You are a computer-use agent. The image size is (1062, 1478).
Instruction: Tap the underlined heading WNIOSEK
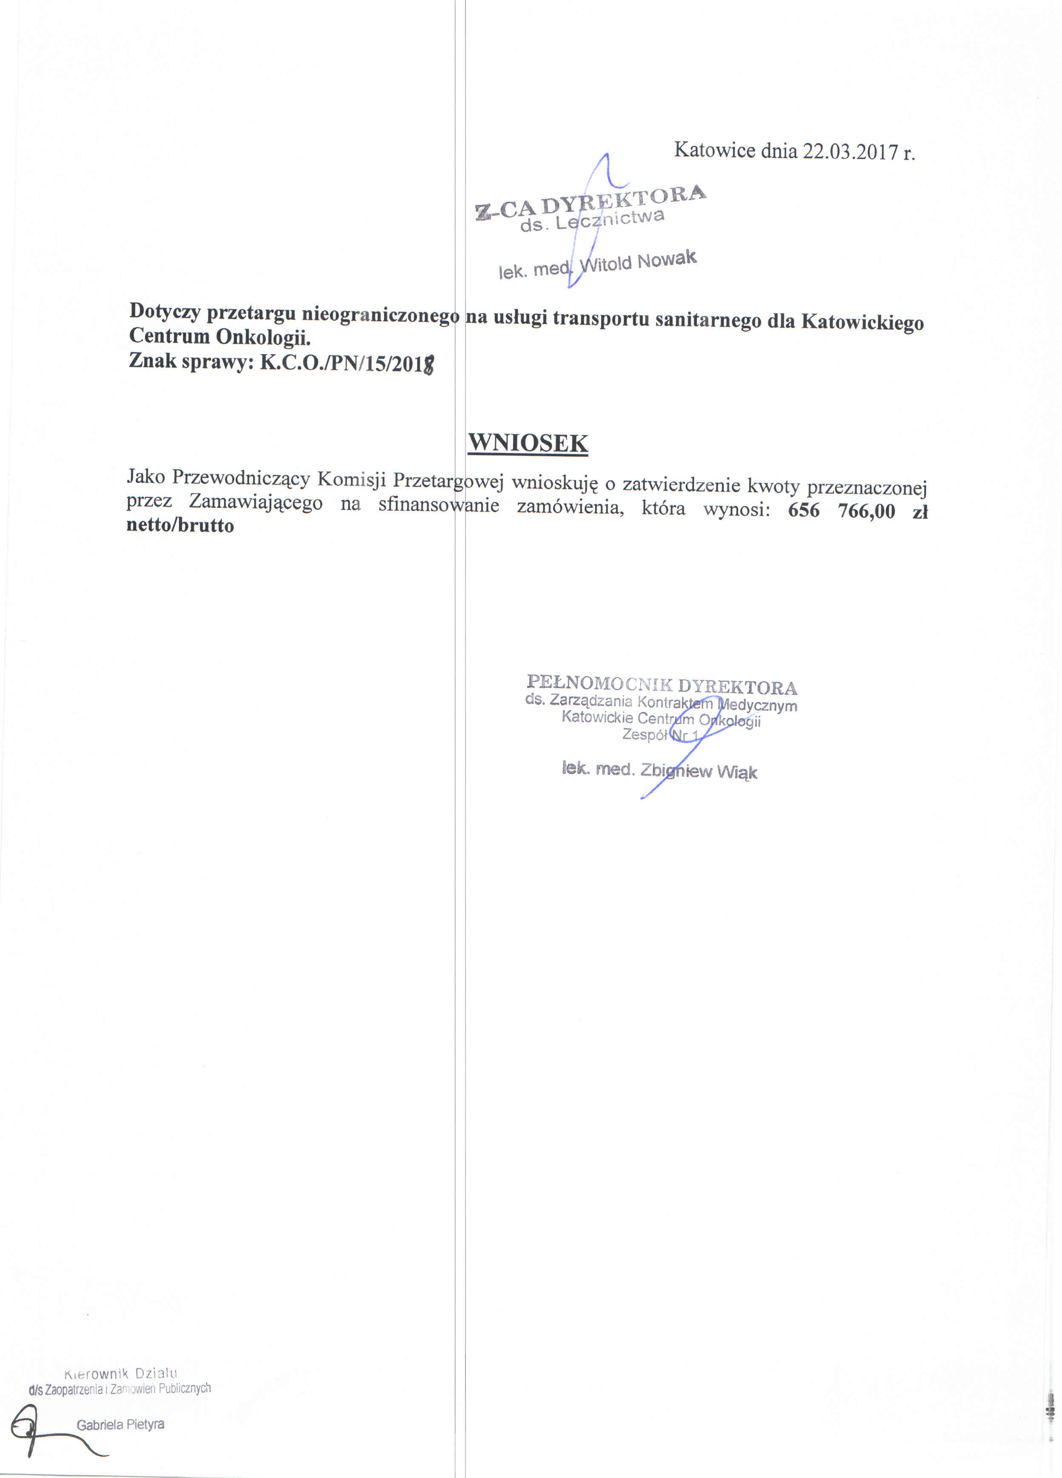[x=528, y=443]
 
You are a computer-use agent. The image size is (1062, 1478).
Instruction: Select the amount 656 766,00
[x=841, y=510]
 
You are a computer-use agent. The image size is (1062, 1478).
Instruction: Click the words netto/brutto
[x=180, y=525]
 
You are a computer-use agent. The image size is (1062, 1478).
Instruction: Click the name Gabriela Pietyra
[x=120, y=1424]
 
